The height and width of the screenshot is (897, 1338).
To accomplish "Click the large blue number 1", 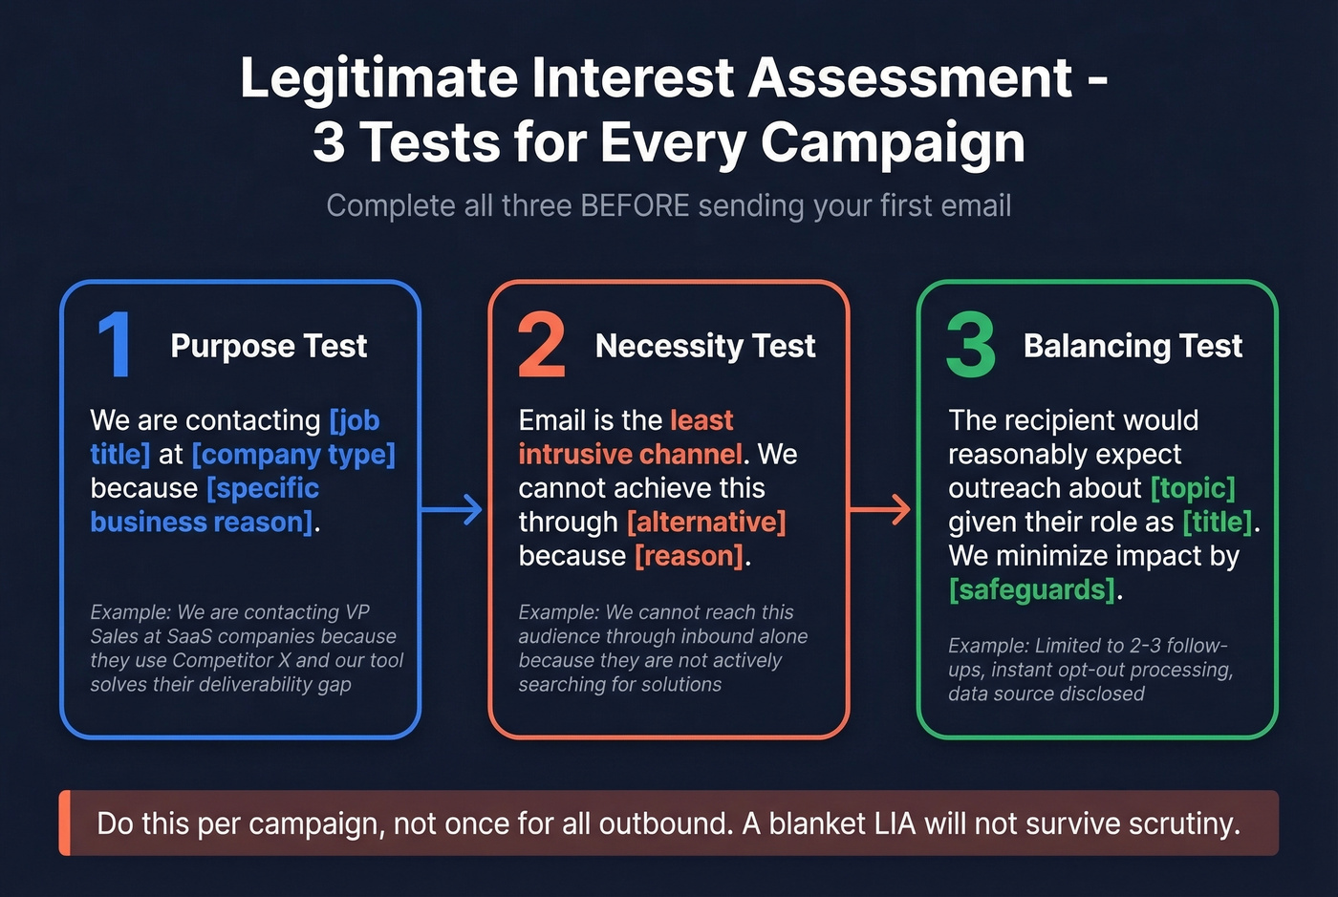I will pos(116,345).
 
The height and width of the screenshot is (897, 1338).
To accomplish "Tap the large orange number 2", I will pos(541,345).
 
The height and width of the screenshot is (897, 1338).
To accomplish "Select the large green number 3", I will pos(970,345).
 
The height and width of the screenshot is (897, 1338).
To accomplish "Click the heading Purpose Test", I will pos(269,346).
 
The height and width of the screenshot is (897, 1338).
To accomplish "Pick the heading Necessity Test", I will pos(705,346).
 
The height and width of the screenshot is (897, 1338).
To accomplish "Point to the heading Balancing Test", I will pos(1133,346).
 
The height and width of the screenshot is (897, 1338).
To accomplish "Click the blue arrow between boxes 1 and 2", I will pos(452,509).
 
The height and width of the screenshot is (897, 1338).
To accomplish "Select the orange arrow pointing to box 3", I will pos(880,509).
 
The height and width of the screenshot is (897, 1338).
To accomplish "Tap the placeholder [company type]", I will pos(293,455).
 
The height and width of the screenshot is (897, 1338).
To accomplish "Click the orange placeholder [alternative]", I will pos(706,523).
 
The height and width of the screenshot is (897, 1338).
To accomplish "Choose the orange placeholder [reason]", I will pos(689,556).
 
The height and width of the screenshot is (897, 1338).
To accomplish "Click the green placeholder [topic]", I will pos(1193,488).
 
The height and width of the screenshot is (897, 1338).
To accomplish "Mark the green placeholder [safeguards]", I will pos(1031,590).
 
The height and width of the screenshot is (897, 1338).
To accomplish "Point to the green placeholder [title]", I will pos(1217,523).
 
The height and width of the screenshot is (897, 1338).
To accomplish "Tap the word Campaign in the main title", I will pos(893,142).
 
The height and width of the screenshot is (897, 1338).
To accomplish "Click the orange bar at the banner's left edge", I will pos(65,822).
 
